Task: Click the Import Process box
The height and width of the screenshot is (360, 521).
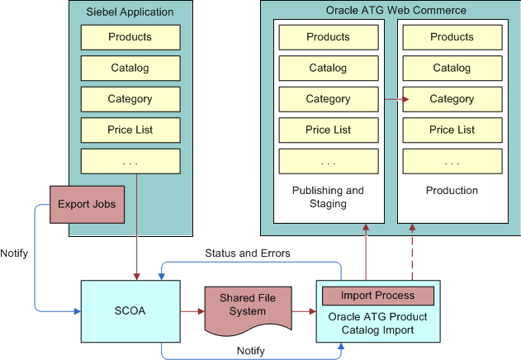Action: click(x=377, y=296)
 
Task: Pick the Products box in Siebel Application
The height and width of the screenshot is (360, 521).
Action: click(x=130, y=37)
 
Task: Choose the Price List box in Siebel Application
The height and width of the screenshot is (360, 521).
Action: click(x=130, y=130)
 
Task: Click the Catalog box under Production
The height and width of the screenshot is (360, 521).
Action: click(x=452, y=68)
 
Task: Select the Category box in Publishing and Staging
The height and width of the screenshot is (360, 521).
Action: click(x=328, y=99)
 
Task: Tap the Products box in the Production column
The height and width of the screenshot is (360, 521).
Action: click(x=452, y=37)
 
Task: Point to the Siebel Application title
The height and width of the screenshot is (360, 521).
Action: click(x=130, y=12)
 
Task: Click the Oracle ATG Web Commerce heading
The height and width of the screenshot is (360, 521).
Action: click(x=390, y=10)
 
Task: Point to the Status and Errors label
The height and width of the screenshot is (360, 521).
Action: click(x=247, y=252)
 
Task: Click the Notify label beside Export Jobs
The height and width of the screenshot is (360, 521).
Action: click(x=14, y=253)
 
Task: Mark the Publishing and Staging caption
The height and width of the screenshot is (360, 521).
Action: click(x=328, y=197)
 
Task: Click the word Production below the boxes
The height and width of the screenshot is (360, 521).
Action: click(x=452, y=191)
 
